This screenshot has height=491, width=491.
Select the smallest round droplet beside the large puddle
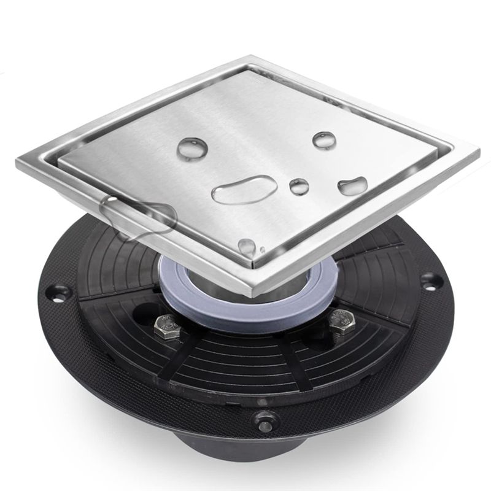[x=299, y=187]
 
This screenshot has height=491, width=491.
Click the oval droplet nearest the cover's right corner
[x=353, y=185]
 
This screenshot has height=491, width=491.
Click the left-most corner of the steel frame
[x=17, y=161]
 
